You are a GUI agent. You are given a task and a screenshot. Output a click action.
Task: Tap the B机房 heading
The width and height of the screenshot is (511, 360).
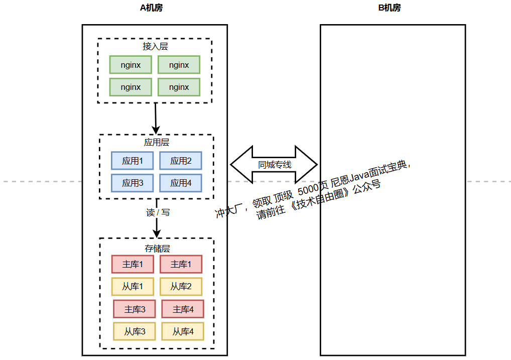tap(389, 8)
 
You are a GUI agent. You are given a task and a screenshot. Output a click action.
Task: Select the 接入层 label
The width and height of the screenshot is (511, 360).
tap(155, 46)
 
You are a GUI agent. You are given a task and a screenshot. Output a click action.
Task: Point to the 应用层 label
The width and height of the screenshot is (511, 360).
tap(157, 143)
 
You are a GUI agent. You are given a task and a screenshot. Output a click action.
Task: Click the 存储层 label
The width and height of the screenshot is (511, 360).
tap(157, 249)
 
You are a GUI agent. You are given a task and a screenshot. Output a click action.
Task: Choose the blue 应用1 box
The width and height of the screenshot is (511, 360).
tap(133, 161)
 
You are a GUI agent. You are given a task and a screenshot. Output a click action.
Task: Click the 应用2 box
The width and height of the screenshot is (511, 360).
tap(181, 161)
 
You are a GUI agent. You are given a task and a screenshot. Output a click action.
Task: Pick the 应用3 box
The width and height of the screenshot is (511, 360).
tap(133, 183)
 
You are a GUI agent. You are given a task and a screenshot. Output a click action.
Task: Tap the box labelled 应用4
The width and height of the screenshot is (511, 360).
tap(181, 183)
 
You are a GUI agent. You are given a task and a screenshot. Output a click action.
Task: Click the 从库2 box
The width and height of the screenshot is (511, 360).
tap(181, 287)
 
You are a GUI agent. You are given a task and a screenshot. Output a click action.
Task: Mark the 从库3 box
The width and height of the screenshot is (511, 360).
tap(135, 331)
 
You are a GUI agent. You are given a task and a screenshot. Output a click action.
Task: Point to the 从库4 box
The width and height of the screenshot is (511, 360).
tap(183, 331)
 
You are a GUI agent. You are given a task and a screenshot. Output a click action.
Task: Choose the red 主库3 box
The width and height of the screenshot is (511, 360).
tap(135, 309)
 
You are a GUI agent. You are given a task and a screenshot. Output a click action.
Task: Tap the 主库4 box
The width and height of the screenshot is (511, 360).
tap(183, 309)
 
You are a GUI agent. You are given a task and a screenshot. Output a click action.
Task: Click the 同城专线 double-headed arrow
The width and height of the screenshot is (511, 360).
tap(274, 164)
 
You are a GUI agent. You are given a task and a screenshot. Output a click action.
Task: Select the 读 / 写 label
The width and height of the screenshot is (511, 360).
tap(158, 212)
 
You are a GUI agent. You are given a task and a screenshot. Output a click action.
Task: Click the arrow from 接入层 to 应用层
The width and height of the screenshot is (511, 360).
tap(156, 118)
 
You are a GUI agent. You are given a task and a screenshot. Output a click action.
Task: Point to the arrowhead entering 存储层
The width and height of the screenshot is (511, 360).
tap(157, 233)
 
